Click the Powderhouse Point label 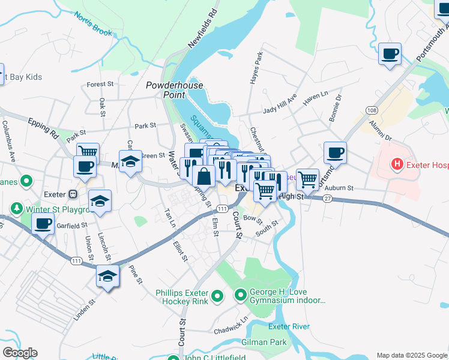175,91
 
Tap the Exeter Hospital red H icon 396,163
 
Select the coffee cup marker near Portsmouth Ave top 390,54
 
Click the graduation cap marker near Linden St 107,277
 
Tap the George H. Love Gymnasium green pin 241,295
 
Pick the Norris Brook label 94,27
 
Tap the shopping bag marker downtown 204,176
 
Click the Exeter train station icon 73,194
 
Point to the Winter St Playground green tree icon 16,209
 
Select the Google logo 20,353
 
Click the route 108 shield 370,111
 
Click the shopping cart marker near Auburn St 307,179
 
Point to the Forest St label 100,85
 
